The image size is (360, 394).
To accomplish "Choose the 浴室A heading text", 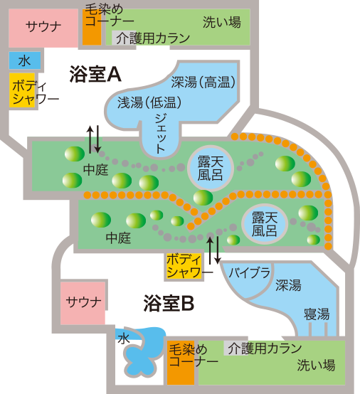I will (97, 74).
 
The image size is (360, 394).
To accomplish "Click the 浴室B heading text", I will (168, 303).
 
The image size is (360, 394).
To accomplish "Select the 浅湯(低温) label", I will (149, 102).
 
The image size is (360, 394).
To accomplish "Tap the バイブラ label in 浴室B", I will (249, 272).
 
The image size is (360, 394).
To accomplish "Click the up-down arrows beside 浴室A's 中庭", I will (93, 139).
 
